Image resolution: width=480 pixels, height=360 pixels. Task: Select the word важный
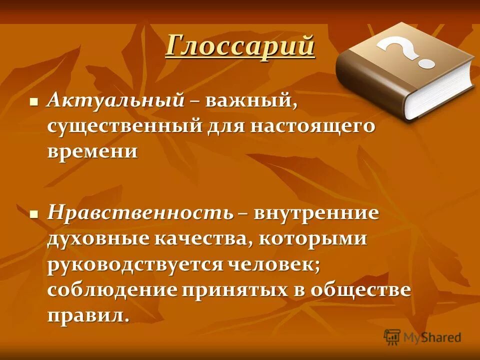pos(251,101)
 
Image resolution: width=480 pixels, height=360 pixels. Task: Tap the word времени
pos(92,150)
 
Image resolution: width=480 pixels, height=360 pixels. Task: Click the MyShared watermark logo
pos(423,336)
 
